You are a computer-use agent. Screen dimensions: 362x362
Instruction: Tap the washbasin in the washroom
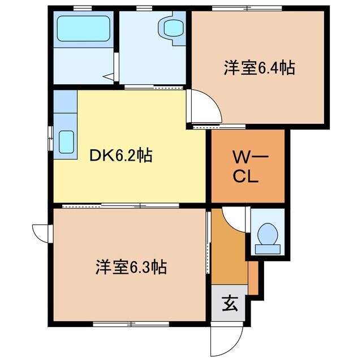pyautogui.click(x=170, y=28)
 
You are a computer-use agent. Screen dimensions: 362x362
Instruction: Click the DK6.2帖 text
pyautogui.click(x=122, y=156)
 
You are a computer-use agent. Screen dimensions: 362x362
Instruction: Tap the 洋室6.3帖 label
pyautogui.click(x=130, y=266)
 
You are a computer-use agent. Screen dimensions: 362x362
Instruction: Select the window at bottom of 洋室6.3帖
pyautogui.click(x=131, y=324)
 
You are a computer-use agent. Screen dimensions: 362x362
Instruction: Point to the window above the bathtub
pyautogui.click(x=83, y=8)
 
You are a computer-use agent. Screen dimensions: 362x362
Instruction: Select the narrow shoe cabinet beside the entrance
pyautogui.click(x=253, y=278)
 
